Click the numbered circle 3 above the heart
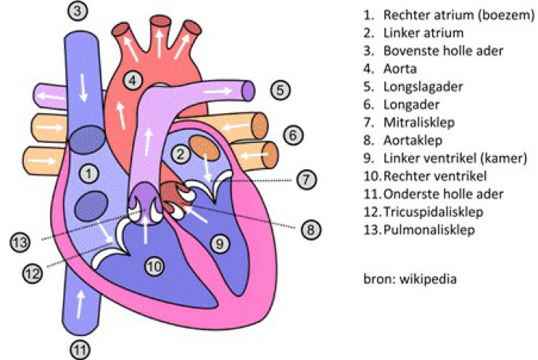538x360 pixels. coord(78,11)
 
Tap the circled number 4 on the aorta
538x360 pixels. coord(133,80)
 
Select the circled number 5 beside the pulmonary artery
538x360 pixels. coord(281,90)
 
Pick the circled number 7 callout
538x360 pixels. coord(306,179)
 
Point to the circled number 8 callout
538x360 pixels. coord(311,229)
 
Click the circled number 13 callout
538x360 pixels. coord(20,242)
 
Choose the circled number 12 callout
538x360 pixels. coord(32,274)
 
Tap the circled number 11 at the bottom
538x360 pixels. coord(80,350)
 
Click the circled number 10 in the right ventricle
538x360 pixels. coord(154,266)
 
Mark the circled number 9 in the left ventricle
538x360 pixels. coord(220,244)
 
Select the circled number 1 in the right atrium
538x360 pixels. coord(89,174)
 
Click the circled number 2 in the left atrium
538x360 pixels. coord(181,155)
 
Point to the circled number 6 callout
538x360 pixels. coord(293,135)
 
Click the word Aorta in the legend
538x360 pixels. coord(400,68)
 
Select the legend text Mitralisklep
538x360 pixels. coord(419,122)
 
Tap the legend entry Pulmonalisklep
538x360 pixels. coord(429,229)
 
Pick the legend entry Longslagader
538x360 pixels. coord(423,87)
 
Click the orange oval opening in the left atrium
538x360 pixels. coord(204,148)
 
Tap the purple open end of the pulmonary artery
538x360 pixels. coord(248,91)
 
